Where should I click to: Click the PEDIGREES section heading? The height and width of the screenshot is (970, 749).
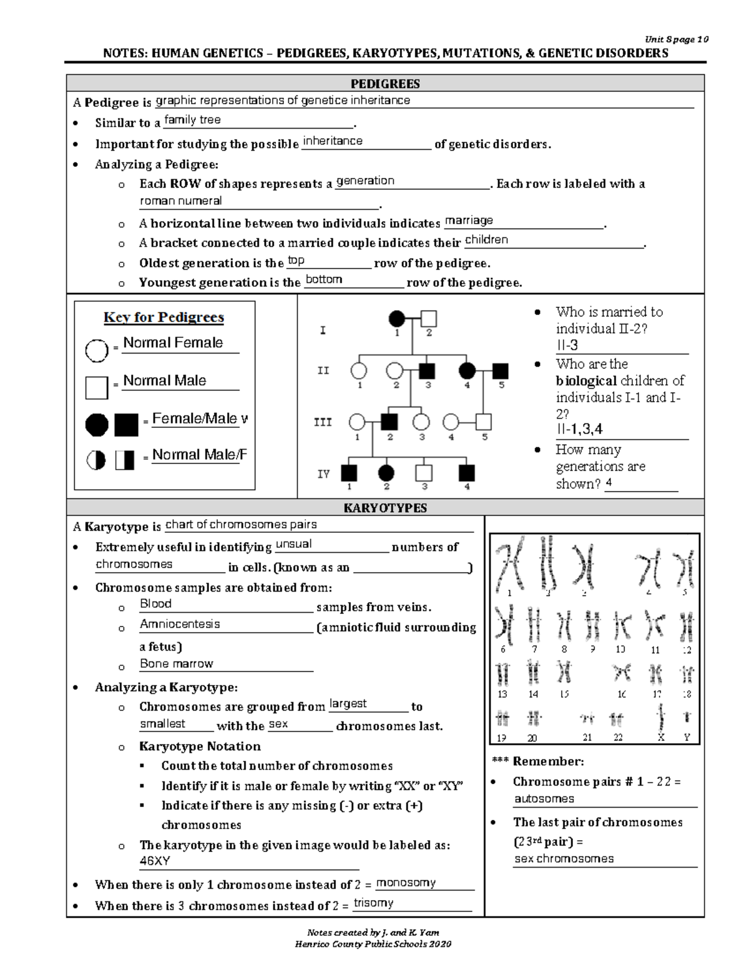[385, 84]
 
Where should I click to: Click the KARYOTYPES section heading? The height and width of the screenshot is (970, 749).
[385, 508]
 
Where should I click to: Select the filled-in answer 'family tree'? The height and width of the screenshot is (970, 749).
[192, 120]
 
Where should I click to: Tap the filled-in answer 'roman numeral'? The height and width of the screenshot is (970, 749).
[180, 201]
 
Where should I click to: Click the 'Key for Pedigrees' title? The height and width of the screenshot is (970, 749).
[164, 317]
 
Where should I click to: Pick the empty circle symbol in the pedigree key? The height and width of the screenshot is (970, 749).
[97, 350]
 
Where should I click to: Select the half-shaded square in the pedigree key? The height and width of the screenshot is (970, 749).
[125, 461]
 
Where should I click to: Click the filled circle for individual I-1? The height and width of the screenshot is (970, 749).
[396, 319]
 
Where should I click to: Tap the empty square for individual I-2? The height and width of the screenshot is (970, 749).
[429, 319]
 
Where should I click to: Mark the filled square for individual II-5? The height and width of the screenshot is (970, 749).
[500, 371]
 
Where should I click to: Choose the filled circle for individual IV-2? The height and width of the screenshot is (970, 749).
[386, 473]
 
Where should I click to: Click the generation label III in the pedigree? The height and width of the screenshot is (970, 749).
[322, 423]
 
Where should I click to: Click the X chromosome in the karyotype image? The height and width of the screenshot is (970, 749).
[661, 718]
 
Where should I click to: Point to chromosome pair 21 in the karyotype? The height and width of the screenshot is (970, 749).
[587, 720]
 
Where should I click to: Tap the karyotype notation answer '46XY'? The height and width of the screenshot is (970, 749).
[155, 861]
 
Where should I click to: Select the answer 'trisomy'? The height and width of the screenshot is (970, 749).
[373, 903]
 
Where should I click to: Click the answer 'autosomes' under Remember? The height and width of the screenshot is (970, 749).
[544, 799]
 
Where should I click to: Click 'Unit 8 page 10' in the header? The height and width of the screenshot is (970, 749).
[677, 39]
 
